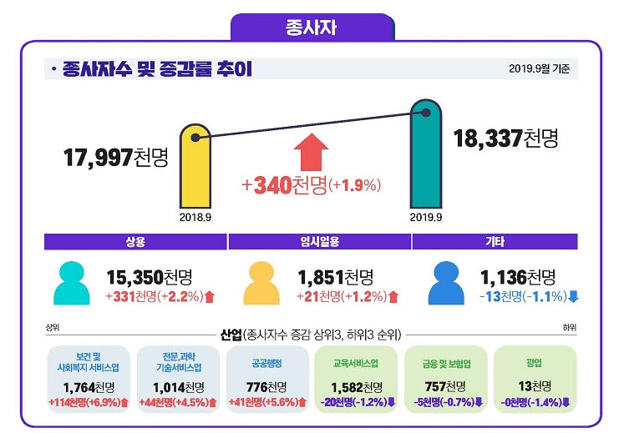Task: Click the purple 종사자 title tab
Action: click(x=311, y=28)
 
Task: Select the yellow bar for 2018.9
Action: click(x=195, y=167)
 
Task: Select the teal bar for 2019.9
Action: click(x=426, y=159)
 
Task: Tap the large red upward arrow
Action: click(x=310, y=151)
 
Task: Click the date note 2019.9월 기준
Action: click(x=540, y=69)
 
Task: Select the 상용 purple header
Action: click(x=135, y=242)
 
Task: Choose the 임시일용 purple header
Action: click(x=319, y=242)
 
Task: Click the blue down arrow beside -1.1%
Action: click(x=573, y=296)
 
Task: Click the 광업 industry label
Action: click(x=535, y=364)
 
